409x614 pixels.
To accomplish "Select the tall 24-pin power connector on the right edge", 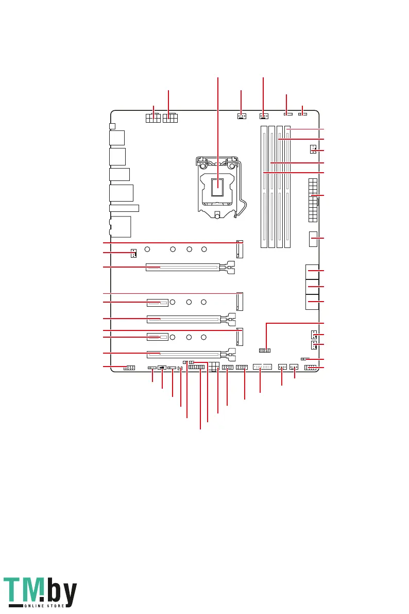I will pos(313,200).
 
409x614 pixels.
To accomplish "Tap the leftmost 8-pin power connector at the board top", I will pos(154,119).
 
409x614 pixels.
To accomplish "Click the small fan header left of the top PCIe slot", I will pos(133,253).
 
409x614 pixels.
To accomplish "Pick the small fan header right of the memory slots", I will pos(313,150).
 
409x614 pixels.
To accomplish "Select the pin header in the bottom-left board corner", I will pos(129,368).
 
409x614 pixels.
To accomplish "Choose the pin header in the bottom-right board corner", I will pos(311,368).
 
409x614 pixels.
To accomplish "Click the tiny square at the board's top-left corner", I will pos(112,126).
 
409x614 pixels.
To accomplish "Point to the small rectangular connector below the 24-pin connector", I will pos(312,239).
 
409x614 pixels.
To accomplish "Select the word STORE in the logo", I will pos(55,606).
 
